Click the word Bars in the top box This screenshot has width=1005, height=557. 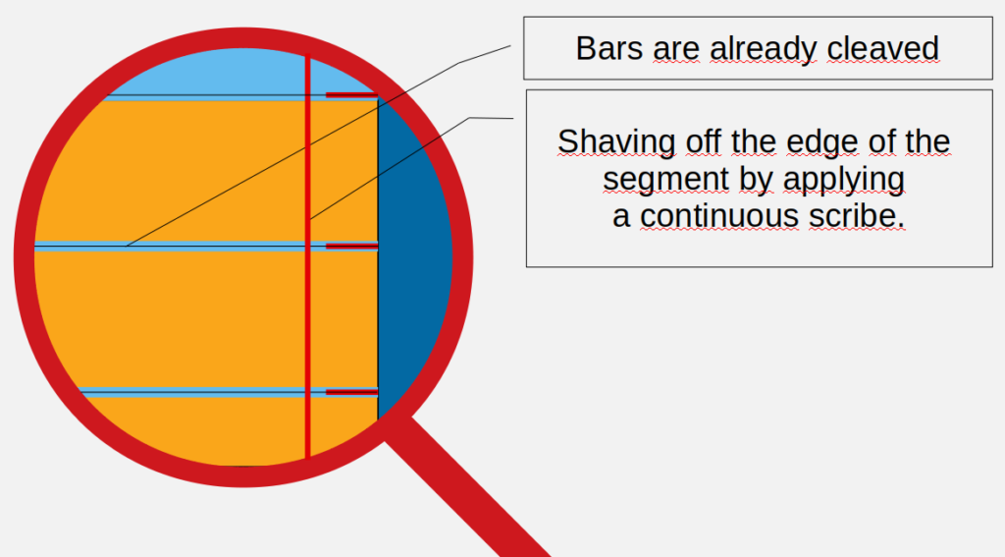click(x=608, y=48)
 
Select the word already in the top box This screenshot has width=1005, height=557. click(x=763, y=50)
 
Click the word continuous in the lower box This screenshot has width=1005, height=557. click(x=719, y=216)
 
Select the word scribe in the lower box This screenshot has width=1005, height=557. click(x=856, y=216)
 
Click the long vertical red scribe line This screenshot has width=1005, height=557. click(x=307, y=256)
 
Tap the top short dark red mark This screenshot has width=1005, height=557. click(x=352, y=95)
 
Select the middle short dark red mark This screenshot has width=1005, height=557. click(x=352, y=247)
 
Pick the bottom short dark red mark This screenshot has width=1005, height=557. click(x=352, y=392)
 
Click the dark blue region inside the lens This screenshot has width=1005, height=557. click(x=413, y=256)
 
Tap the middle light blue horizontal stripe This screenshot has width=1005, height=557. click(x=205, y=247)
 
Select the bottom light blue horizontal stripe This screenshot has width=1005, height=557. click(x=228, y=392)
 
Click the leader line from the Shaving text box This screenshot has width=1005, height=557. click(x=411, y=168)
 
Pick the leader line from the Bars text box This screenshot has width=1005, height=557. click(x=319, y=145)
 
